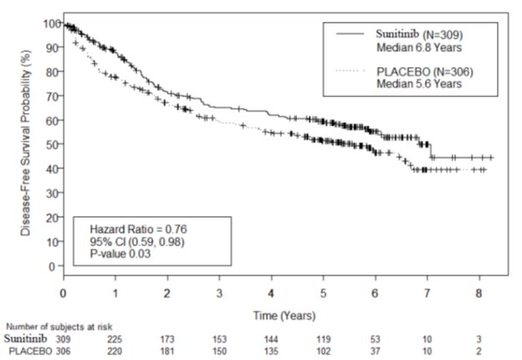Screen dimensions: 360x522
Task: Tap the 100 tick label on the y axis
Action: [x=51, y=23]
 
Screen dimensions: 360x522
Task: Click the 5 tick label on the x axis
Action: [x=322, y=292]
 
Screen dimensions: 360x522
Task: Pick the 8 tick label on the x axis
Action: [x=478, y=292]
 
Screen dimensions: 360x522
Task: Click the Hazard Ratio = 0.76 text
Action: [x=132, y=229]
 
